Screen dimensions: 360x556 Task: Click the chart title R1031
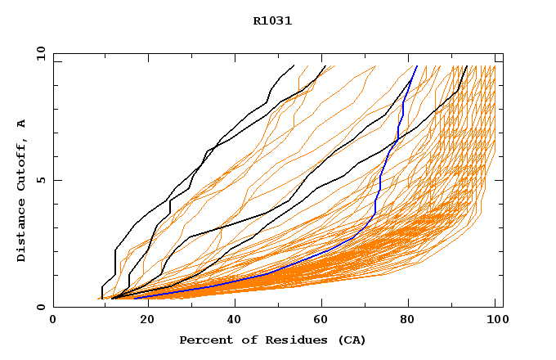272,20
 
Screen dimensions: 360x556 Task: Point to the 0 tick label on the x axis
53,320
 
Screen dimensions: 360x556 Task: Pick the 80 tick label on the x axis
407,320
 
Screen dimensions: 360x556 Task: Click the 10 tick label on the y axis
40,54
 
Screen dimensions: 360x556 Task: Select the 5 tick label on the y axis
40,180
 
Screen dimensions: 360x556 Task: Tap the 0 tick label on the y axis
40,307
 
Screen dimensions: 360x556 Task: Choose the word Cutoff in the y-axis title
22,164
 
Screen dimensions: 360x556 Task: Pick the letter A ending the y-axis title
22,124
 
